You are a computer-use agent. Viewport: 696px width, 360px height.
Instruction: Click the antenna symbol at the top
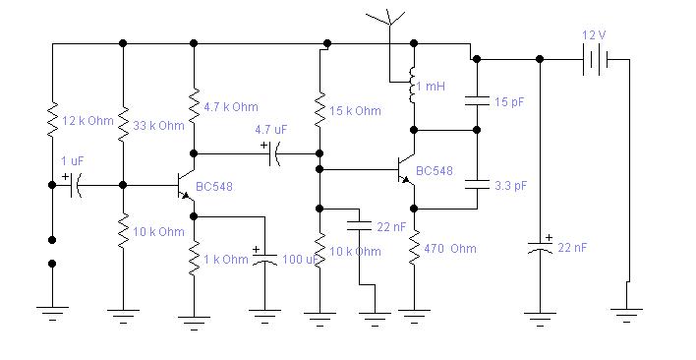(389, 18)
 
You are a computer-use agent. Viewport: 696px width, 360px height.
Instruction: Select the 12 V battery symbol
(596, 59)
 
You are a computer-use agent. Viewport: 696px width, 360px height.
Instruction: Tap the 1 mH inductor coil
(412, 86)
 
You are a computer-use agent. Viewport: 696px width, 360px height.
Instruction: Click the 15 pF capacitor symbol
(477, 101)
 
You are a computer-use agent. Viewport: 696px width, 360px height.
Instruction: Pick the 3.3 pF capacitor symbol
(477, 185)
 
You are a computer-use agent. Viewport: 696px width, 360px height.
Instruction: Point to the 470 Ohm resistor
(414, 248)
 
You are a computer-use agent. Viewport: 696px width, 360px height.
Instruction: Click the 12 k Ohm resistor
(52, 119)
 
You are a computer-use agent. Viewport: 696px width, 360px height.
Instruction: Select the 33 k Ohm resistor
(123, 124)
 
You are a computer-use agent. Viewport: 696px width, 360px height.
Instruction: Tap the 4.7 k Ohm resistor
(194, 106)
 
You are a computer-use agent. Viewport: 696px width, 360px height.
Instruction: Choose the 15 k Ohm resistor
(319, 110)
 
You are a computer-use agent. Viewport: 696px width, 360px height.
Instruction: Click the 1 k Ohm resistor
(194, 259)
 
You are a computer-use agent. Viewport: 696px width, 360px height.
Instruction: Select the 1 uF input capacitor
(74, 185)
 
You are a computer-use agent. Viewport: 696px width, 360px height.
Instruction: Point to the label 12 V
(595, 35)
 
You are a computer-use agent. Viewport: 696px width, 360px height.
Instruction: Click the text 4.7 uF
(270, 130)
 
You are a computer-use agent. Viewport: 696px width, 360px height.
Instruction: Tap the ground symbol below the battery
(626, 315)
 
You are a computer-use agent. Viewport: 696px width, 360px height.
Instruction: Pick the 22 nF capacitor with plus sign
(540, 246)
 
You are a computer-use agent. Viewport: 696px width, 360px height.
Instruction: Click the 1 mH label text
(431, 87)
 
